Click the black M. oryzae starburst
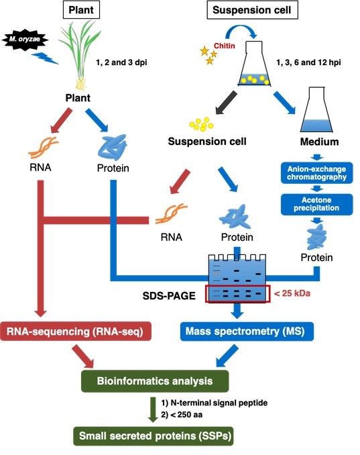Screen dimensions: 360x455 (25, 39)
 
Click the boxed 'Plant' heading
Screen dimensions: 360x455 (81, 10)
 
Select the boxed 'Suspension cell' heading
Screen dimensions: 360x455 (252, 10)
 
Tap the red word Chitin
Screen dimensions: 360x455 (225, 46)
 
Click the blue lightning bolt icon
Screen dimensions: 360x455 (45, 58)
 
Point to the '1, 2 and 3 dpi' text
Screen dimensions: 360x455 (121, 62)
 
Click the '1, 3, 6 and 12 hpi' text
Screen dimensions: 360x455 (308, 62)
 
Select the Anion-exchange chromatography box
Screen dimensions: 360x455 (317, 173)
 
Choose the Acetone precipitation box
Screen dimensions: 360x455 (317, 204)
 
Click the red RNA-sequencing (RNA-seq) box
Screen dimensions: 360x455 (76, 331)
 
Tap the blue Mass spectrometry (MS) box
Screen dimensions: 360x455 (247, 331)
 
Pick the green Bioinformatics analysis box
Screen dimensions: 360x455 (155, 381)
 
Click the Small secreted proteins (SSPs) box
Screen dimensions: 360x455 (154, 436)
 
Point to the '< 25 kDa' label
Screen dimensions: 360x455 (292, 293)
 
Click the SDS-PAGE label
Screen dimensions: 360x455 (169, 296)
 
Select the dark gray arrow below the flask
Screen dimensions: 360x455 (227, 103)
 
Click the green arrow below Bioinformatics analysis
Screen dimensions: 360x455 (153, 409)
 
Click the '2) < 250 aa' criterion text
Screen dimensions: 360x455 (182, 415)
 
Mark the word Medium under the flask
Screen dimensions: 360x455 (319, 142)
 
